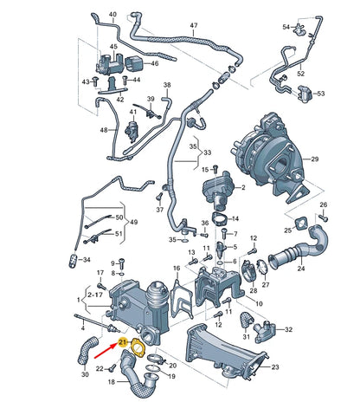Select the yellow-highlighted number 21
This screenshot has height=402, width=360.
pyautogui.click(x=124, y=344)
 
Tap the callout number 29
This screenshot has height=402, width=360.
pyautogui.click(x=315, y=159)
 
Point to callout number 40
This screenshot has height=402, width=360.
pyautogui.click(x=112, y=16)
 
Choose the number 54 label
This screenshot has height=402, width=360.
pyautogui.click(x=286, y=28)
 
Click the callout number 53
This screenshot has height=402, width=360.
pyautogui.click(x=320, y=94)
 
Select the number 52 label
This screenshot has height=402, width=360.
pyautogui.click(x=301, y=74)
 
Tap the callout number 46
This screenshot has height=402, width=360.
pyautogui.click(x=155, y=63)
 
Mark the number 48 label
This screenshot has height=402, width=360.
pyautogui.click(x=104, y=130)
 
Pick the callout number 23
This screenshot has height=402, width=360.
pyautogui.click(x=275, y=368)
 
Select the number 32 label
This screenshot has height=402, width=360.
pyautogui.click(x=288, y=330)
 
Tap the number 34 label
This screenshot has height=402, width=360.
pyautogui.click(x=85, y=259)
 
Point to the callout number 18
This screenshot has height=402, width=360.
pyautogui.click(x=111, y=380)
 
